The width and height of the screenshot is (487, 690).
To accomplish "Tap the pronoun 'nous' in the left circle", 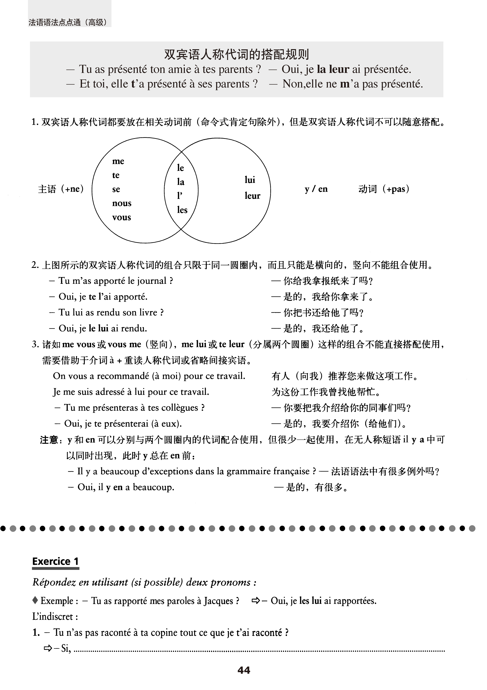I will point(122,203).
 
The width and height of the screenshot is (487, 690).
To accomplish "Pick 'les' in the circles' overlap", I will point(182,210).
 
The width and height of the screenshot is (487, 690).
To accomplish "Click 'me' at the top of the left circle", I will point(118,161).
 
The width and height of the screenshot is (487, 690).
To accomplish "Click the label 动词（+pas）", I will point(384,189).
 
